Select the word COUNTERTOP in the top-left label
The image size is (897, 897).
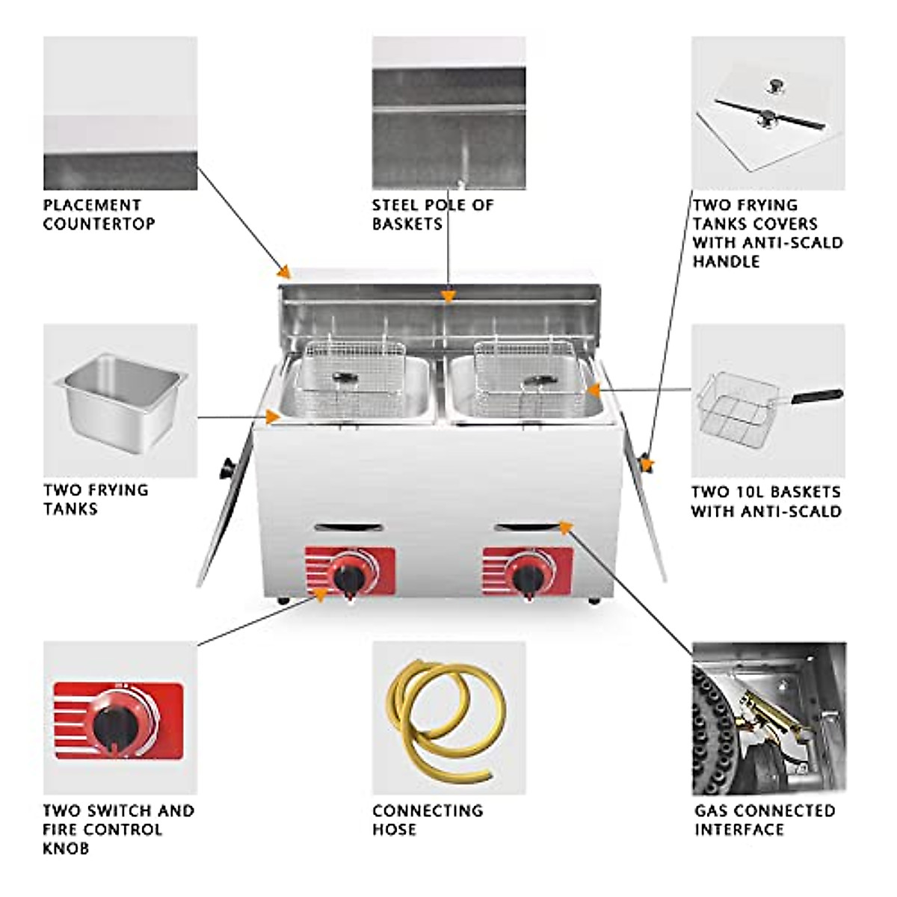99,224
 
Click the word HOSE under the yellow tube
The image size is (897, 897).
394,830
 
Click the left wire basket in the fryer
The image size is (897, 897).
355,374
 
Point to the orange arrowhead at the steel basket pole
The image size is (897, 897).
448,297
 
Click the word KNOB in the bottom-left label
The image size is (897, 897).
66,848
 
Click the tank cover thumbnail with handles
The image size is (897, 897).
768,112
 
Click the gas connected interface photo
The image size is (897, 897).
768,718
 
